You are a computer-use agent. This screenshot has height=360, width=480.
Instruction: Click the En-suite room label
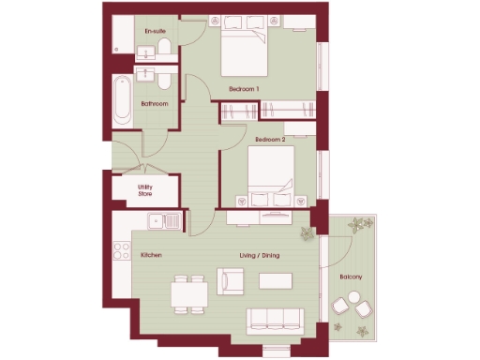tap(155, 32)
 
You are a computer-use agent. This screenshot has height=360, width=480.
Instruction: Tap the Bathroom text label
tap(155, 104)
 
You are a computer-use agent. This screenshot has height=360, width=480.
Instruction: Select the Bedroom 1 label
tap(244, 89)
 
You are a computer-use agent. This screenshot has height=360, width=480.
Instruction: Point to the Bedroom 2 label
tap(269, 139)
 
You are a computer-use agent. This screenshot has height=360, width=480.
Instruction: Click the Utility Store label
tap(145, 190)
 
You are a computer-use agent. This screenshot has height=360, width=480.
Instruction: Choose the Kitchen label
tap(153, 255)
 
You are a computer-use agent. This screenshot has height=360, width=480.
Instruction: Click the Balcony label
tap(352, 277)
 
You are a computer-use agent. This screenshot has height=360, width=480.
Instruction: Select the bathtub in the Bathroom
tap(124, 101)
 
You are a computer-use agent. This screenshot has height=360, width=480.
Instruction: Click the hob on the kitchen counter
tap(121, 250)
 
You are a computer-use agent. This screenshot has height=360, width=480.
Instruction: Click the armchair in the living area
tap(231, 280)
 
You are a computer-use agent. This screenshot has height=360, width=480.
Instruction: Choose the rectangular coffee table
tap(277, 280)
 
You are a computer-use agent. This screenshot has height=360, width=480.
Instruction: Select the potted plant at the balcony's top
tap(358, 225)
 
